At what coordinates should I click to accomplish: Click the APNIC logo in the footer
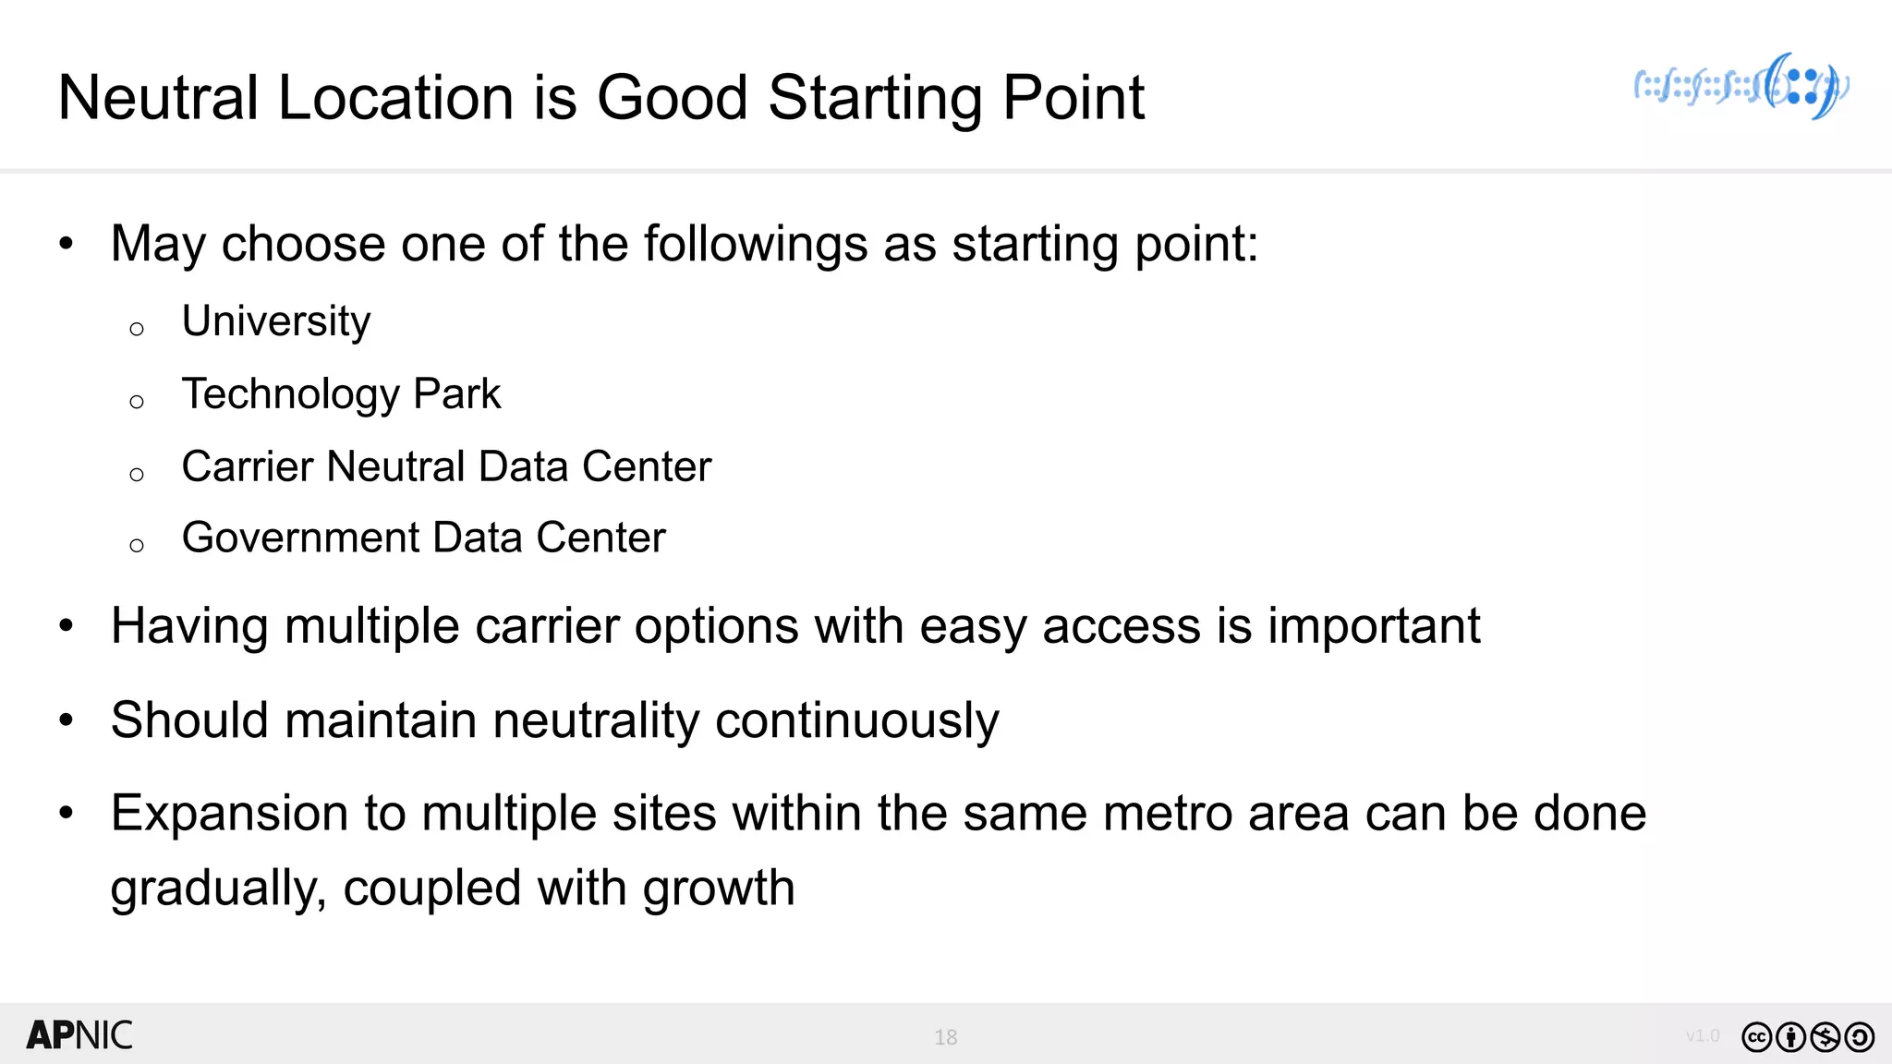pos(79,1035)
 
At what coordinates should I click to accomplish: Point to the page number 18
pos(945,1037)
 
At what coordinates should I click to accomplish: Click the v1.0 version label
pos(1702,1035)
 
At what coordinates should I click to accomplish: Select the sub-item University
pos(275,321)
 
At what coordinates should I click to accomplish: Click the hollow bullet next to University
pos(137,329)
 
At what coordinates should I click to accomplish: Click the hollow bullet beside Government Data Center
pos(137,546)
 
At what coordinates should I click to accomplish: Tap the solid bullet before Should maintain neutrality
pos(66,719)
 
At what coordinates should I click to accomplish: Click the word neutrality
pos(596,720)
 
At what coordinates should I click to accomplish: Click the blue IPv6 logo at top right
pos(1742,87)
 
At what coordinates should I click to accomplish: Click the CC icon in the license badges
pos(1756,1037)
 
